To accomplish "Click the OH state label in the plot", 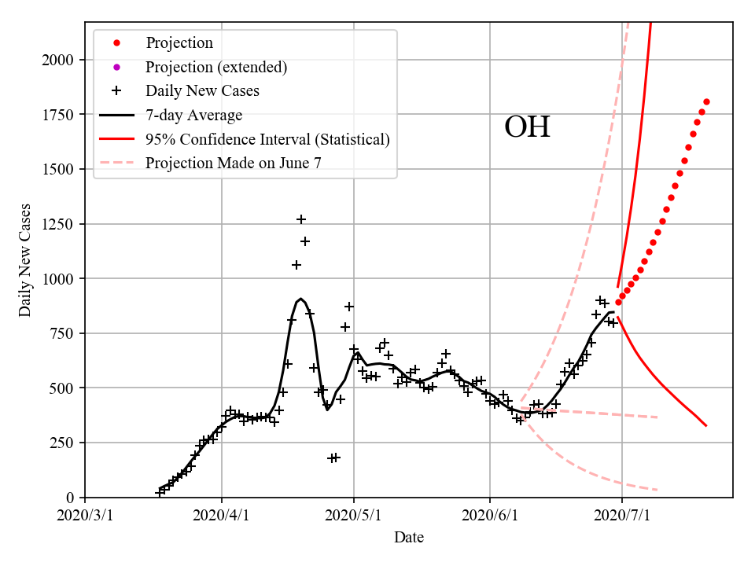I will (527, 127).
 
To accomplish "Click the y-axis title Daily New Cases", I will (25, 260).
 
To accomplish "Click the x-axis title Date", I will (409, 538).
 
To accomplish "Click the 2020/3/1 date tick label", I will (85, 516).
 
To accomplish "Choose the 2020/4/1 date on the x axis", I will (221, 516).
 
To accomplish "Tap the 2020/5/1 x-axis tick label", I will (354, 516).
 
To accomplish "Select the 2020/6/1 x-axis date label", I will (490, 516).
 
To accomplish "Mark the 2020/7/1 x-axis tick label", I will (622, 516).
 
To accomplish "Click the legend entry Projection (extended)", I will (215, 67).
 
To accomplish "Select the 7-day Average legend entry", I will (193, 116).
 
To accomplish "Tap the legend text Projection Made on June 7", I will (233, 164).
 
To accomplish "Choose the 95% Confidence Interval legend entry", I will (267, 140).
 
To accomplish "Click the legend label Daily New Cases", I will (202, 91).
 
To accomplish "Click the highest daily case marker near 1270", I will (301, 219).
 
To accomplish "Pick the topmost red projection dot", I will (706, 101).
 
